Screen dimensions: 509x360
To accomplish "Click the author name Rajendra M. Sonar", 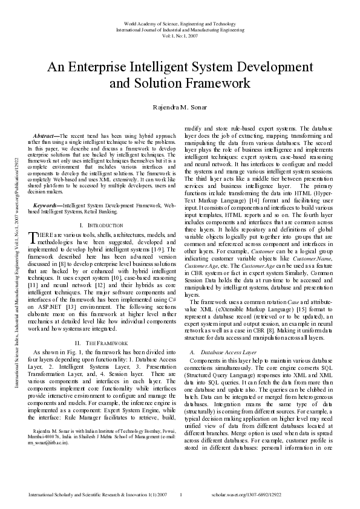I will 180,107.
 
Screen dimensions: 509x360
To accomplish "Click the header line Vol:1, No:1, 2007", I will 180,36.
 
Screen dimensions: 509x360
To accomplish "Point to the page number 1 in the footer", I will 181,495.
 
